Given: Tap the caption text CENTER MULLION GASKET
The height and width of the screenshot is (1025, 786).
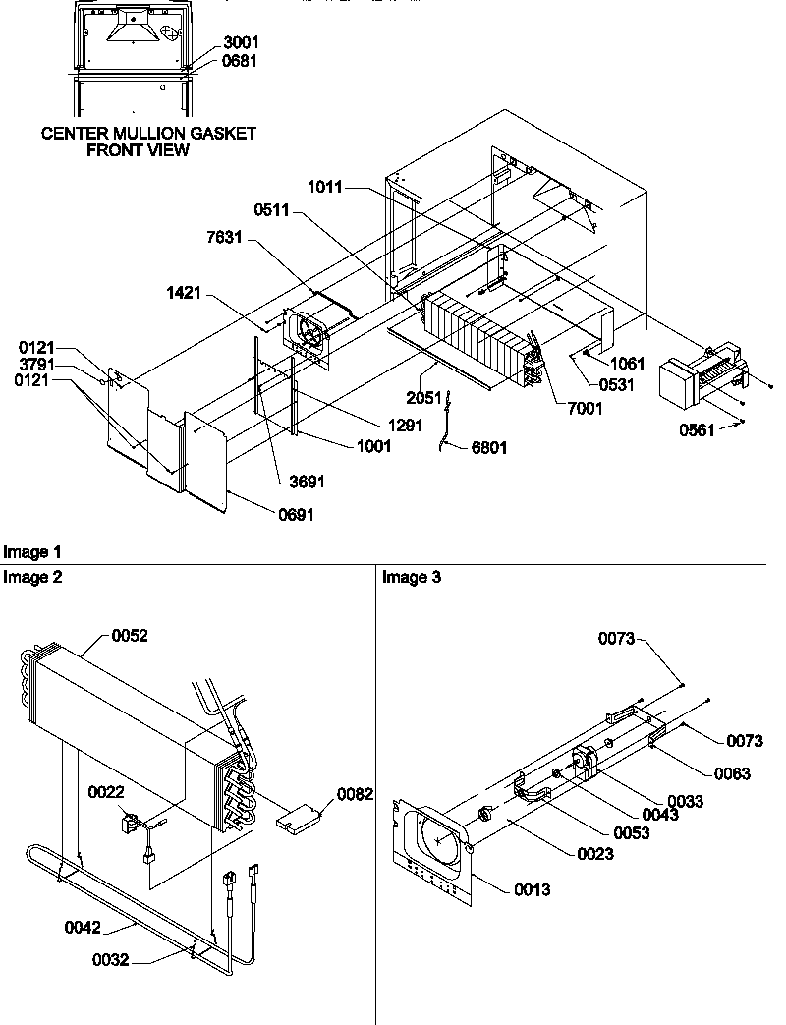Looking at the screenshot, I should click(147, 134).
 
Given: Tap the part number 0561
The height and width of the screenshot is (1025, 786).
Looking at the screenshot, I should click(698, 428).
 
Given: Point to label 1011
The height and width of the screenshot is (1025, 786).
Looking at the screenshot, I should click(324, 186).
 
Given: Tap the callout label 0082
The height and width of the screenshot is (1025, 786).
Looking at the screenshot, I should click(356, 794).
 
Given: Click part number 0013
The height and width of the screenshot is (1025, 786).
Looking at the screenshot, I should click(532, 890).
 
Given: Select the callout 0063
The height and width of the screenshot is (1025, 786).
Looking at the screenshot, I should click(731, 773).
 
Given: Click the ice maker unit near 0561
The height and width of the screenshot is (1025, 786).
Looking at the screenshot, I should click(696, 376).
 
